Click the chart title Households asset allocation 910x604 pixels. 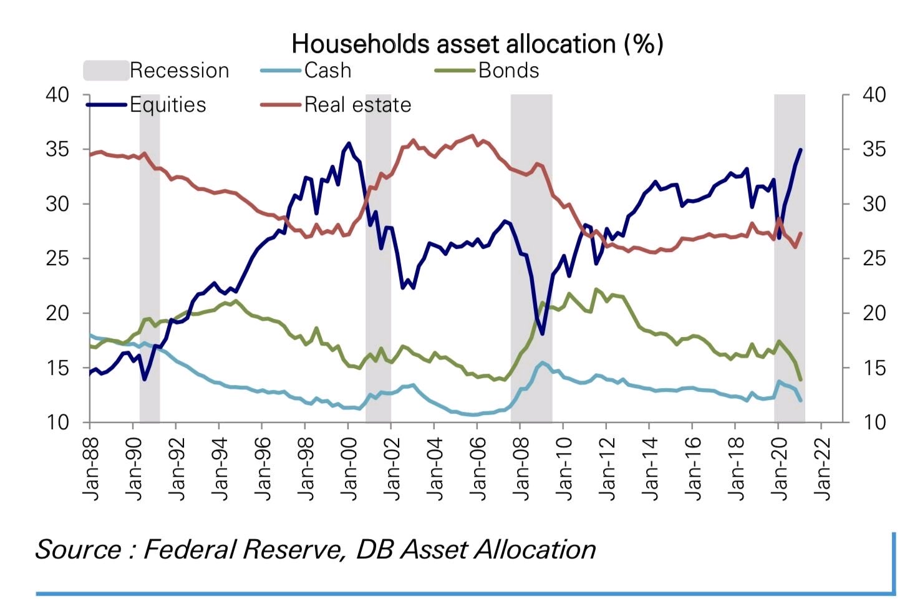point(477,44)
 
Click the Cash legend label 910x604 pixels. point(327,71)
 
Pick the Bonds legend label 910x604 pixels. point(508,71)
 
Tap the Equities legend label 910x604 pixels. point(168,105)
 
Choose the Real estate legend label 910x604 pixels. point(357,105)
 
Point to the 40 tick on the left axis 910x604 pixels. point(57,95)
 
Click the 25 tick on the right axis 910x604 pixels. point(874,258)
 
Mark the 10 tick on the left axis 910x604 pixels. point(57,422)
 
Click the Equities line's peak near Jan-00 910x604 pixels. point(349,143)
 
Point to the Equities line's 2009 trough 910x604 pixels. point(543,334)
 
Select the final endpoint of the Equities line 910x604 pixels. point(801,150)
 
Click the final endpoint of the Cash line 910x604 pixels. point(801,401)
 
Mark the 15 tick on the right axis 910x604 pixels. point(874,368)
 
